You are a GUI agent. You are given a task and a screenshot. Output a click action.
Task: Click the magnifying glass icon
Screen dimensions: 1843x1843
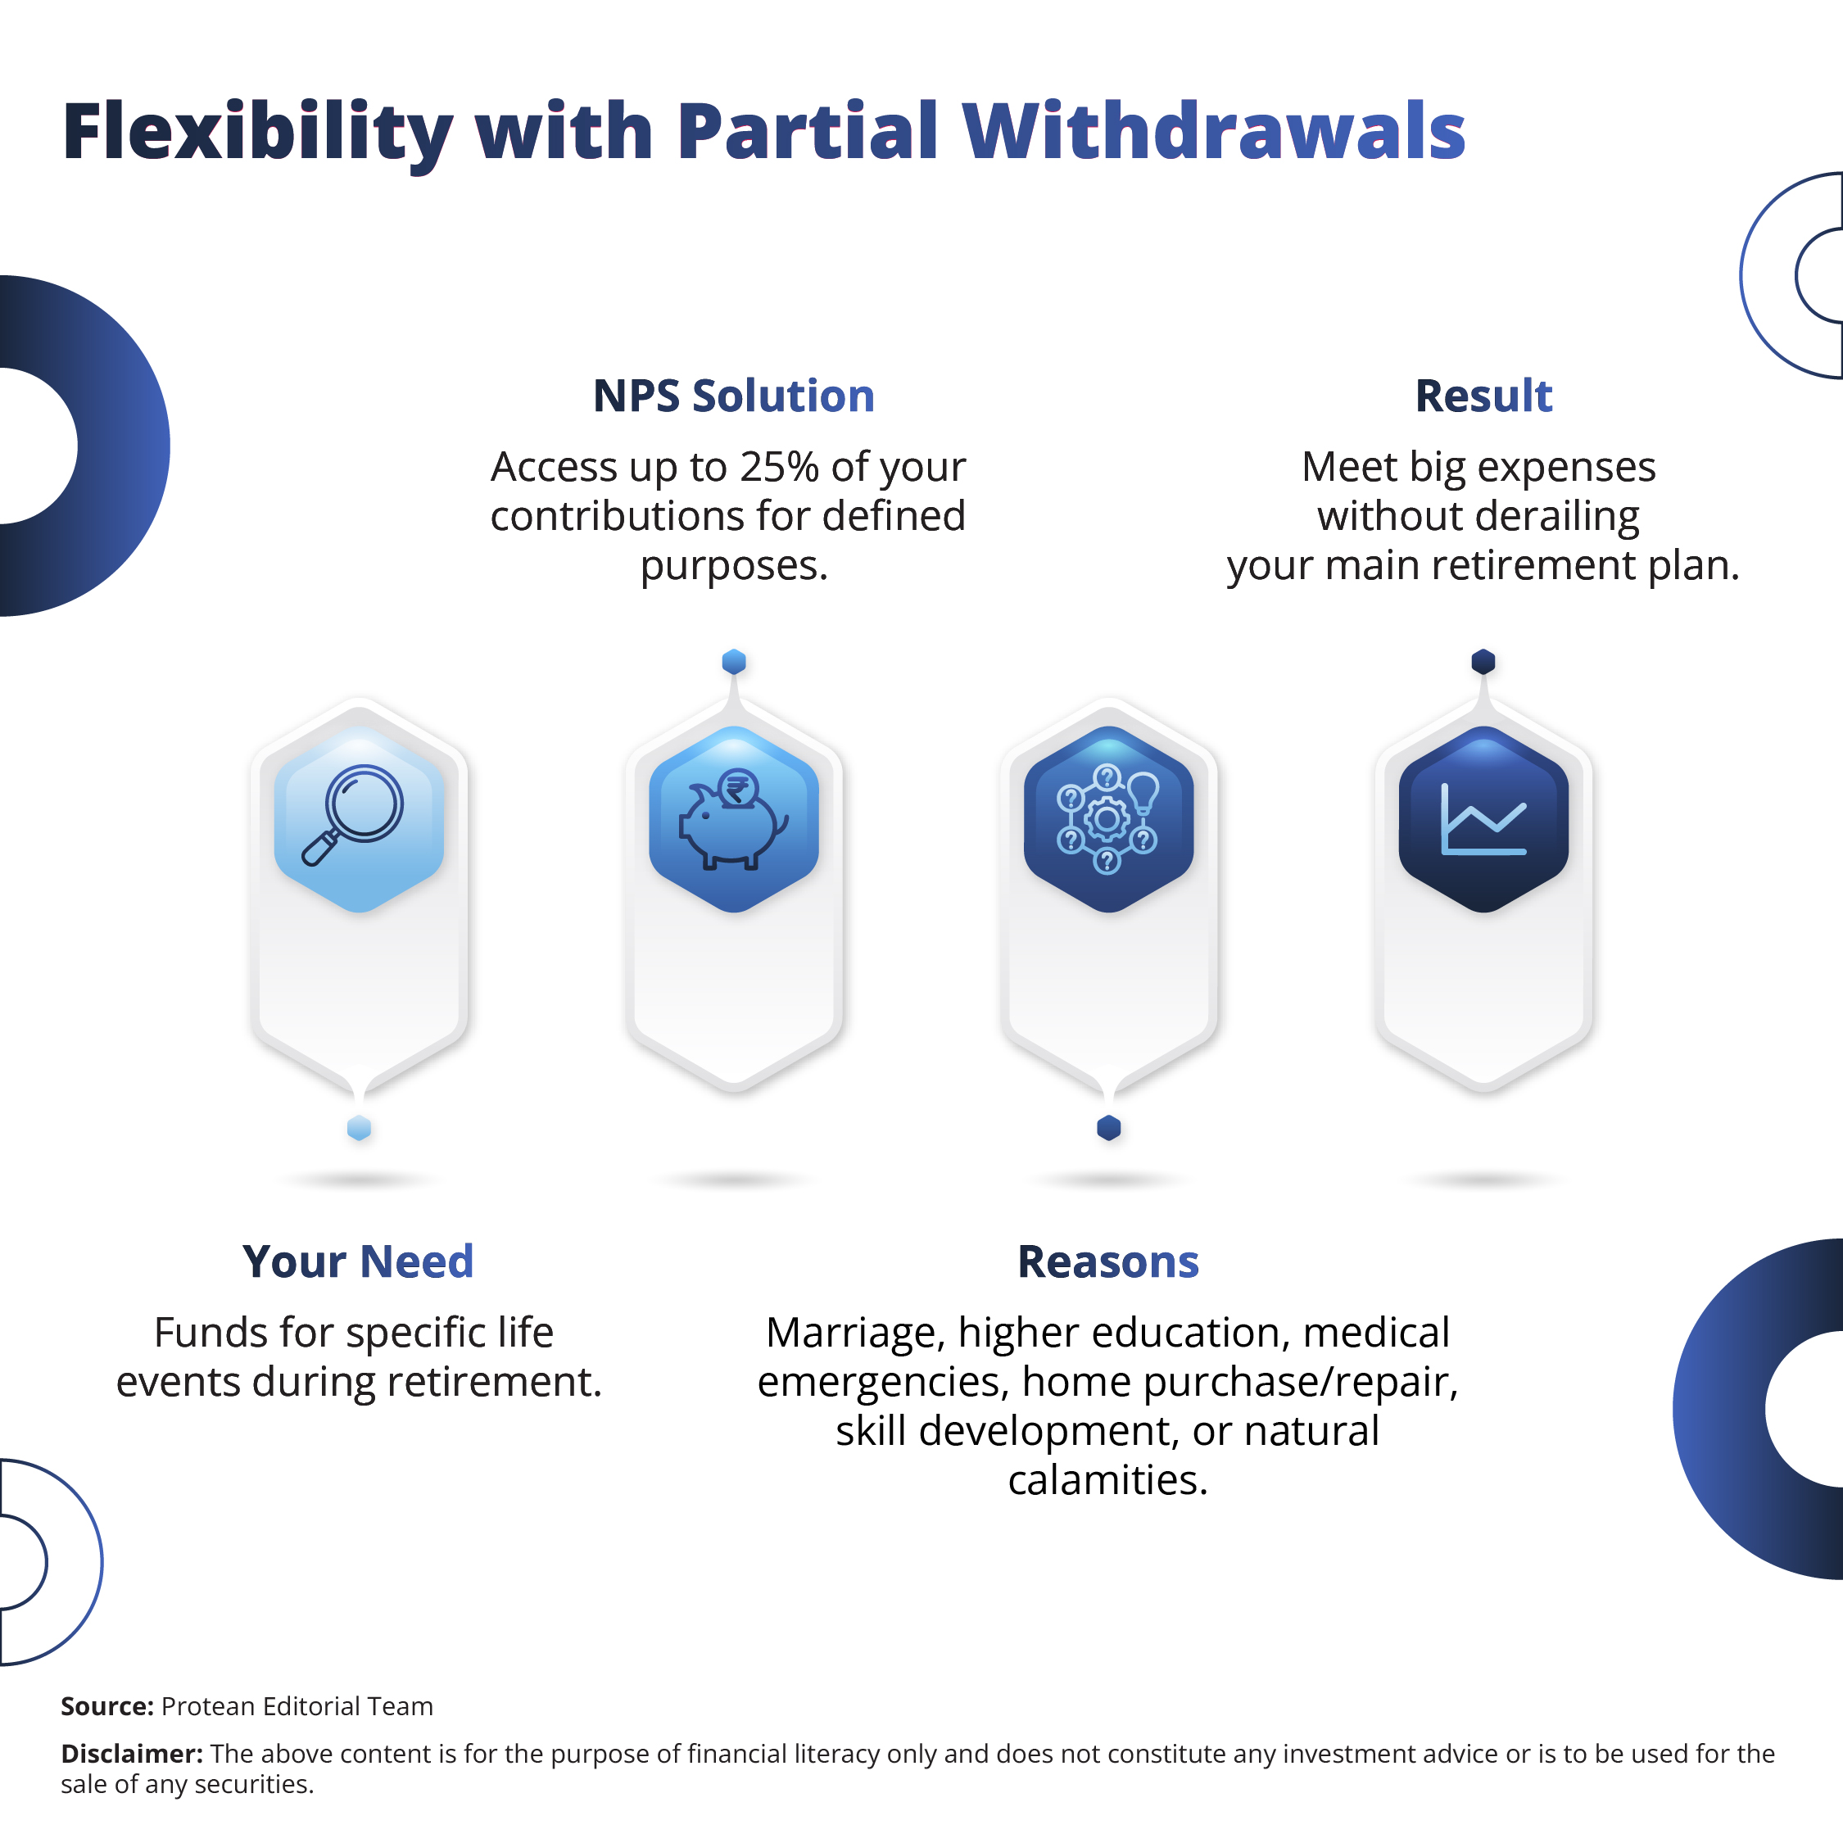point(352,815)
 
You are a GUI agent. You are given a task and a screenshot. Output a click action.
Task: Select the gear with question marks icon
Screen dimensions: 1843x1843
point(1107,819)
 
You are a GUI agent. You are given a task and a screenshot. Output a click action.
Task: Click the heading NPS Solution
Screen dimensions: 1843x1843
point(734,396)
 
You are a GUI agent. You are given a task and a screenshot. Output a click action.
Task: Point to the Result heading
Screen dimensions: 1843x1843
point(1483,396)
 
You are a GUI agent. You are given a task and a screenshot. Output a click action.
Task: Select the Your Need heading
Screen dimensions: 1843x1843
point(358,1261)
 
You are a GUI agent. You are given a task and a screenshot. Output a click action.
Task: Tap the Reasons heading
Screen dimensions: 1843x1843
point(1107,1261)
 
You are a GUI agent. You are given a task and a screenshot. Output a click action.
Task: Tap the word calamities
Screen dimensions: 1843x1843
point(1107,1480)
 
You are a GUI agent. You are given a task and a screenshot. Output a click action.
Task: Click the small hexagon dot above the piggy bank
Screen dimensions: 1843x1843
point(734,662)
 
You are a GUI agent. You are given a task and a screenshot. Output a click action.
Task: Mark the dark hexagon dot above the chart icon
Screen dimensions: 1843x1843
point(1483,662)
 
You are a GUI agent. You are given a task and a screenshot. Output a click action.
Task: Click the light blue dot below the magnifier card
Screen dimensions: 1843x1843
point(359,1129)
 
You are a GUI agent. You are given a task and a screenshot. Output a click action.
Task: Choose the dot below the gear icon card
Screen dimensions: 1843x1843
point(1108,1129)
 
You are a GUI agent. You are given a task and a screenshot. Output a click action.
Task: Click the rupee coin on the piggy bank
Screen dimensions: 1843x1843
point(736,789)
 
